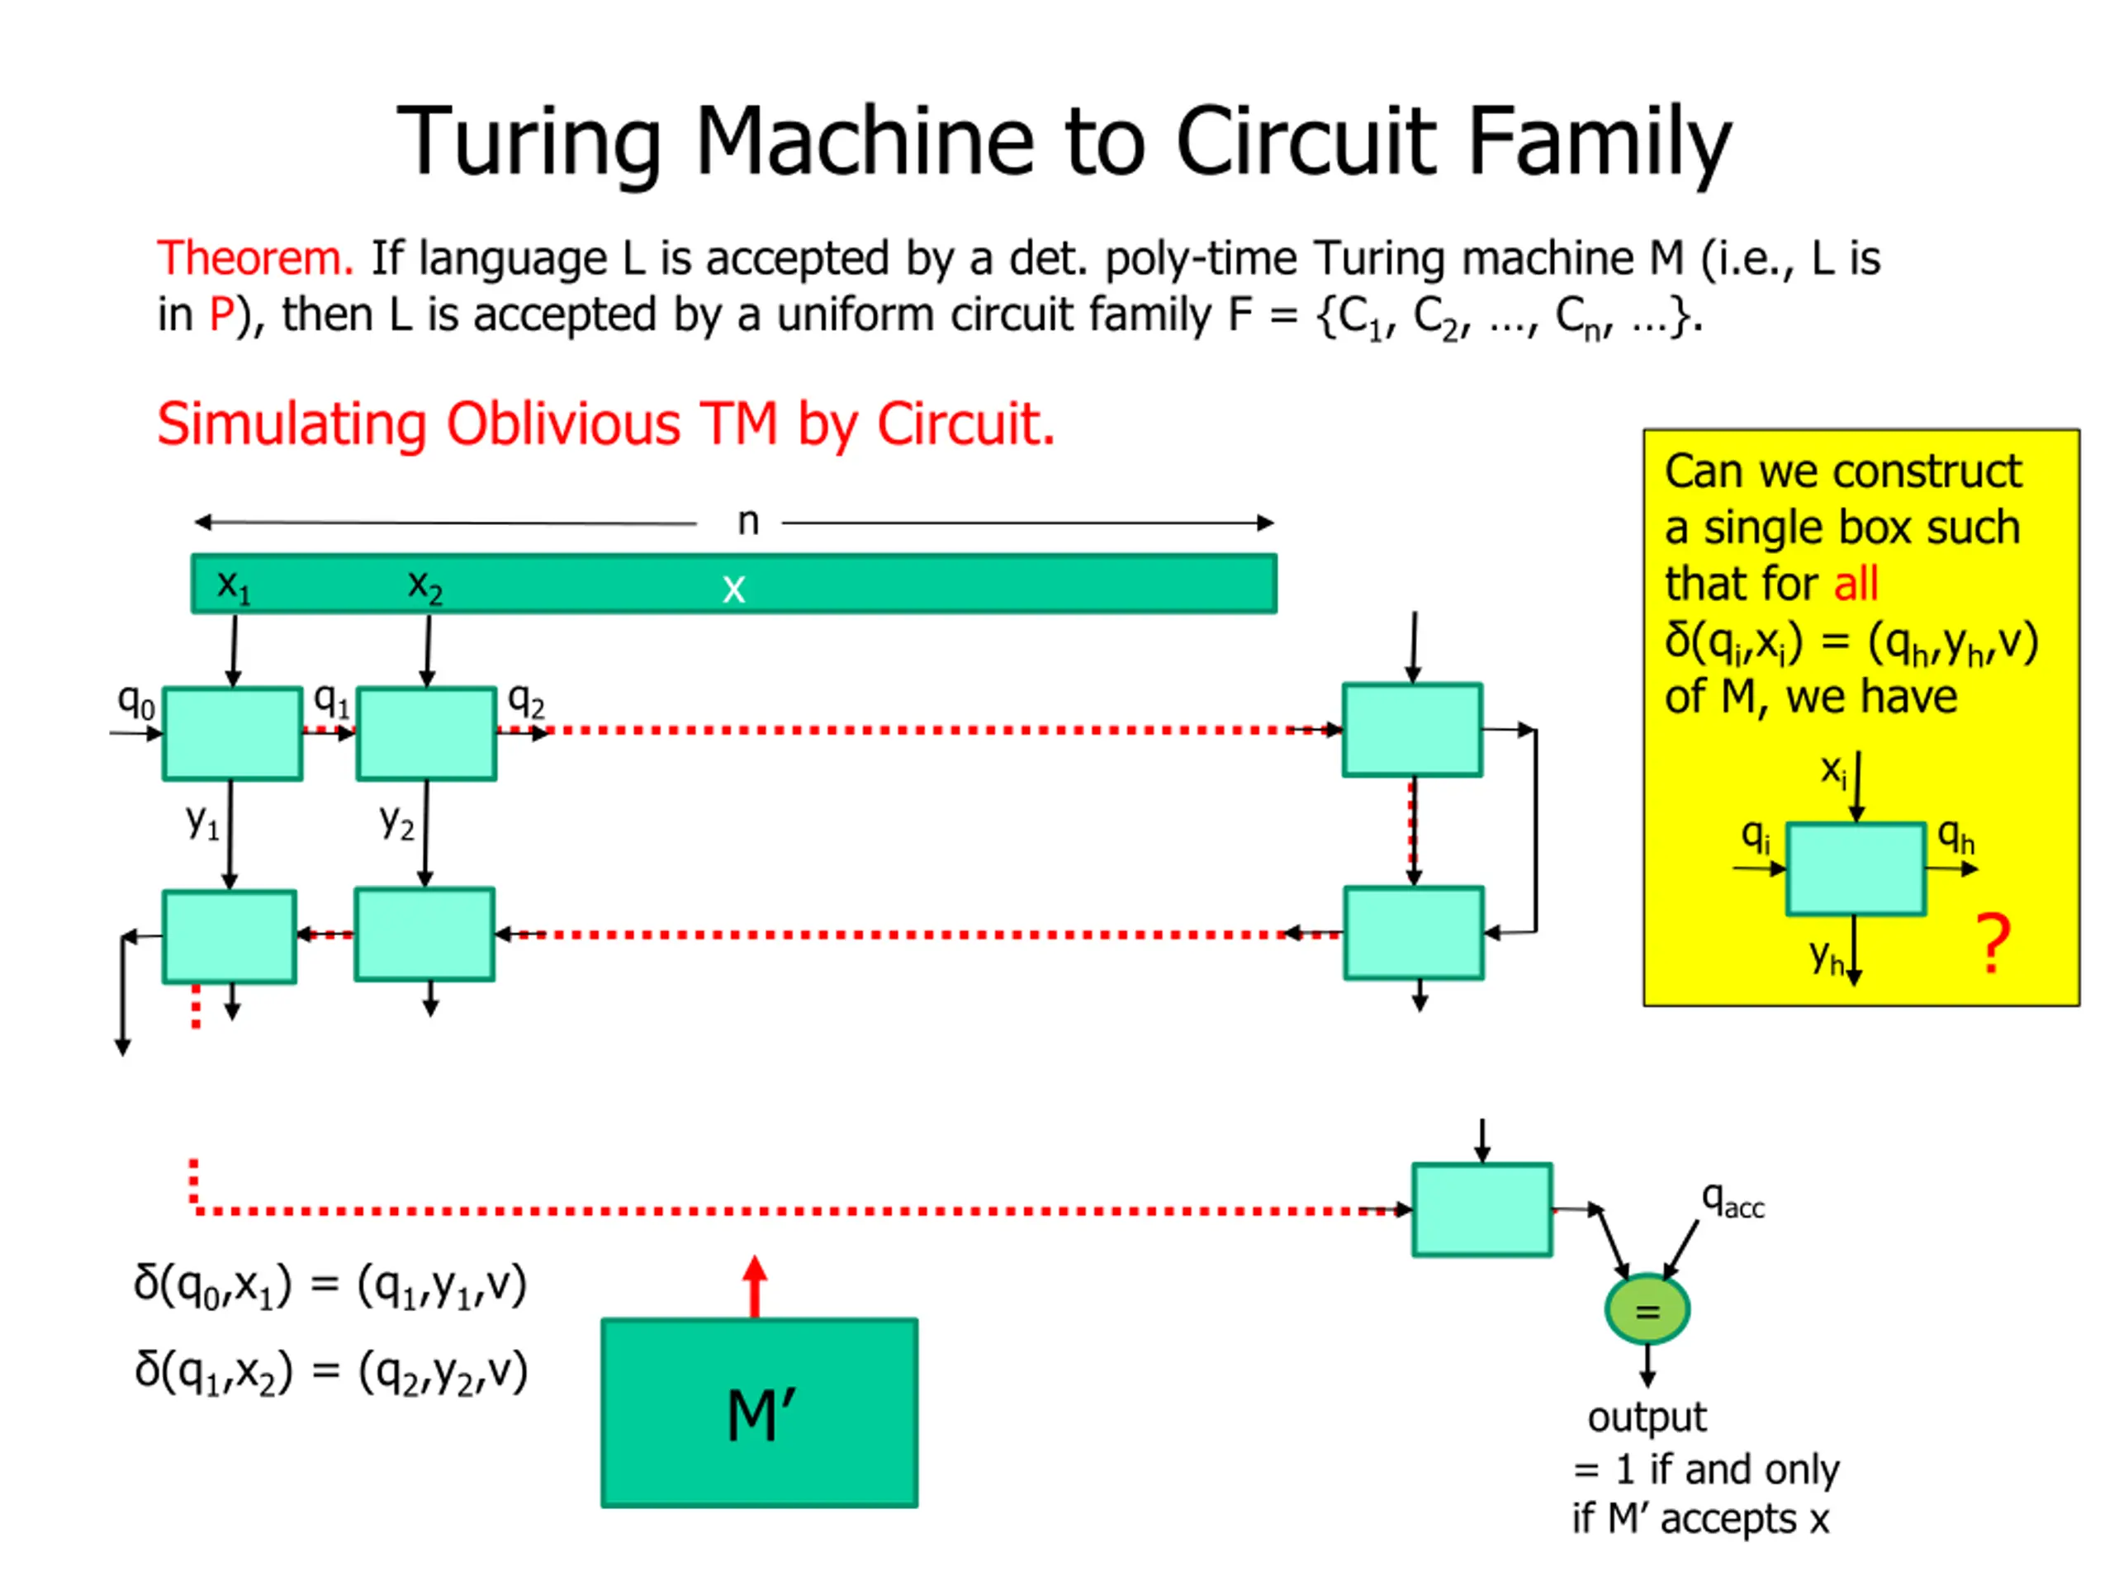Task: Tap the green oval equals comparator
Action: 1647,1309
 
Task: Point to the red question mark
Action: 1993,944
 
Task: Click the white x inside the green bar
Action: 733,589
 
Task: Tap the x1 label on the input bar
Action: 233,584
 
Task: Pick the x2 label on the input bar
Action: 424,584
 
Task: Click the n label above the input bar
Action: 748,522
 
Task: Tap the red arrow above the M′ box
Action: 755,1285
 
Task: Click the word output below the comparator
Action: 1646,1417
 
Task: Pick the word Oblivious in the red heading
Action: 563,424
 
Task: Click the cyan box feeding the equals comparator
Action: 1481,1209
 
